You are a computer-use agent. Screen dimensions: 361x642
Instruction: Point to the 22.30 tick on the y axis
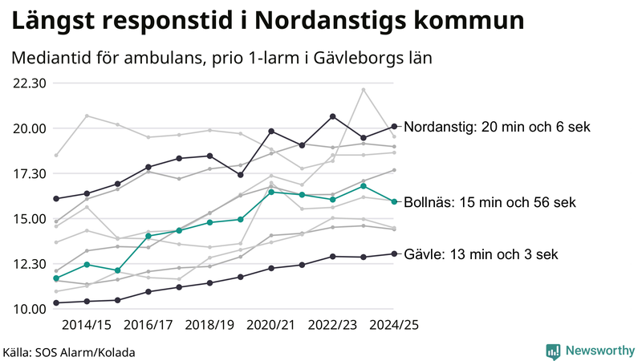tap(29, 83)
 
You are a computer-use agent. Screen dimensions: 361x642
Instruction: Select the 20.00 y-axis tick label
tap(29, 128)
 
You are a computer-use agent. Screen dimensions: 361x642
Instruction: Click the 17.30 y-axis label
tap(29, 173)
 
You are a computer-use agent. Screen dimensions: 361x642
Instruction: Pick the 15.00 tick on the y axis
tap(29, 219)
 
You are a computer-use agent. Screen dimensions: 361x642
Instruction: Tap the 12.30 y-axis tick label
tap(29, 264)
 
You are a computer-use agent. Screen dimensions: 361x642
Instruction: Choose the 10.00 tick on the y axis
tap(29, 309)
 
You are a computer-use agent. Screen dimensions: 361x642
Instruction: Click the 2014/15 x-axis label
tap(86, 325)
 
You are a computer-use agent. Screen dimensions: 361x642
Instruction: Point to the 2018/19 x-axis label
tap(209, 325)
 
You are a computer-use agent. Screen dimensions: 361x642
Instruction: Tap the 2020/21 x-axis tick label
tap(271, 325)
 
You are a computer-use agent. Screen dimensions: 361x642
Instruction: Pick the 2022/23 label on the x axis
tap(332, 325)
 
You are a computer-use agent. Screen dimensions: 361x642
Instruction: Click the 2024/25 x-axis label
tap(394, 325)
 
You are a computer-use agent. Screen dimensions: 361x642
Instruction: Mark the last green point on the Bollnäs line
tap(394, 201)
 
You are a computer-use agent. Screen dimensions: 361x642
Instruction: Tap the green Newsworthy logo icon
tap(553, 351)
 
